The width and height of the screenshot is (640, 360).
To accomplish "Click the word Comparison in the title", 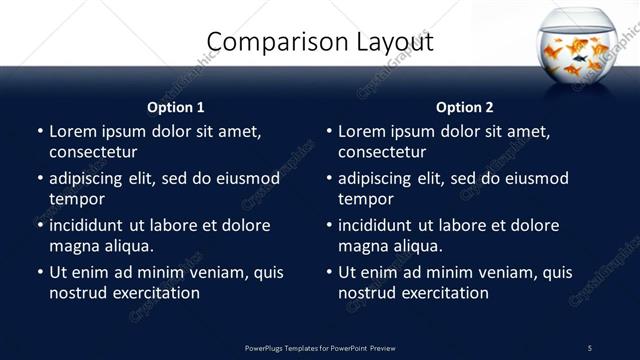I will [266, 42].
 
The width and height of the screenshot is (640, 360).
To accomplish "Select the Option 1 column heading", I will [175, 107].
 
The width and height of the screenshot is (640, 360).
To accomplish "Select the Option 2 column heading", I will [464, 107].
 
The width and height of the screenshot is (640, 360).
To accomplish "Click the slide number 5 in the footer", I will [590, 347].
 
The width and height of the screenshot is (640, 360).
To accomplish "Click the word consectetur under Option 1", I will [93, 152].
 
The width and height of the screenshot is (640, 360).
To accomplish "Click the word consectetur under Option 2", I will [382, 152].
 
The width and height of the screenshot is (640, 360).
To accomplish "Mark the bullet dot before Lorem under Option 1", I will [39, 132].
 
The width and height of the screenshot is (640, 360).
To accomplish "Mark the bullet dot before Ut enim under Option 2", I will [328, 272].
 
